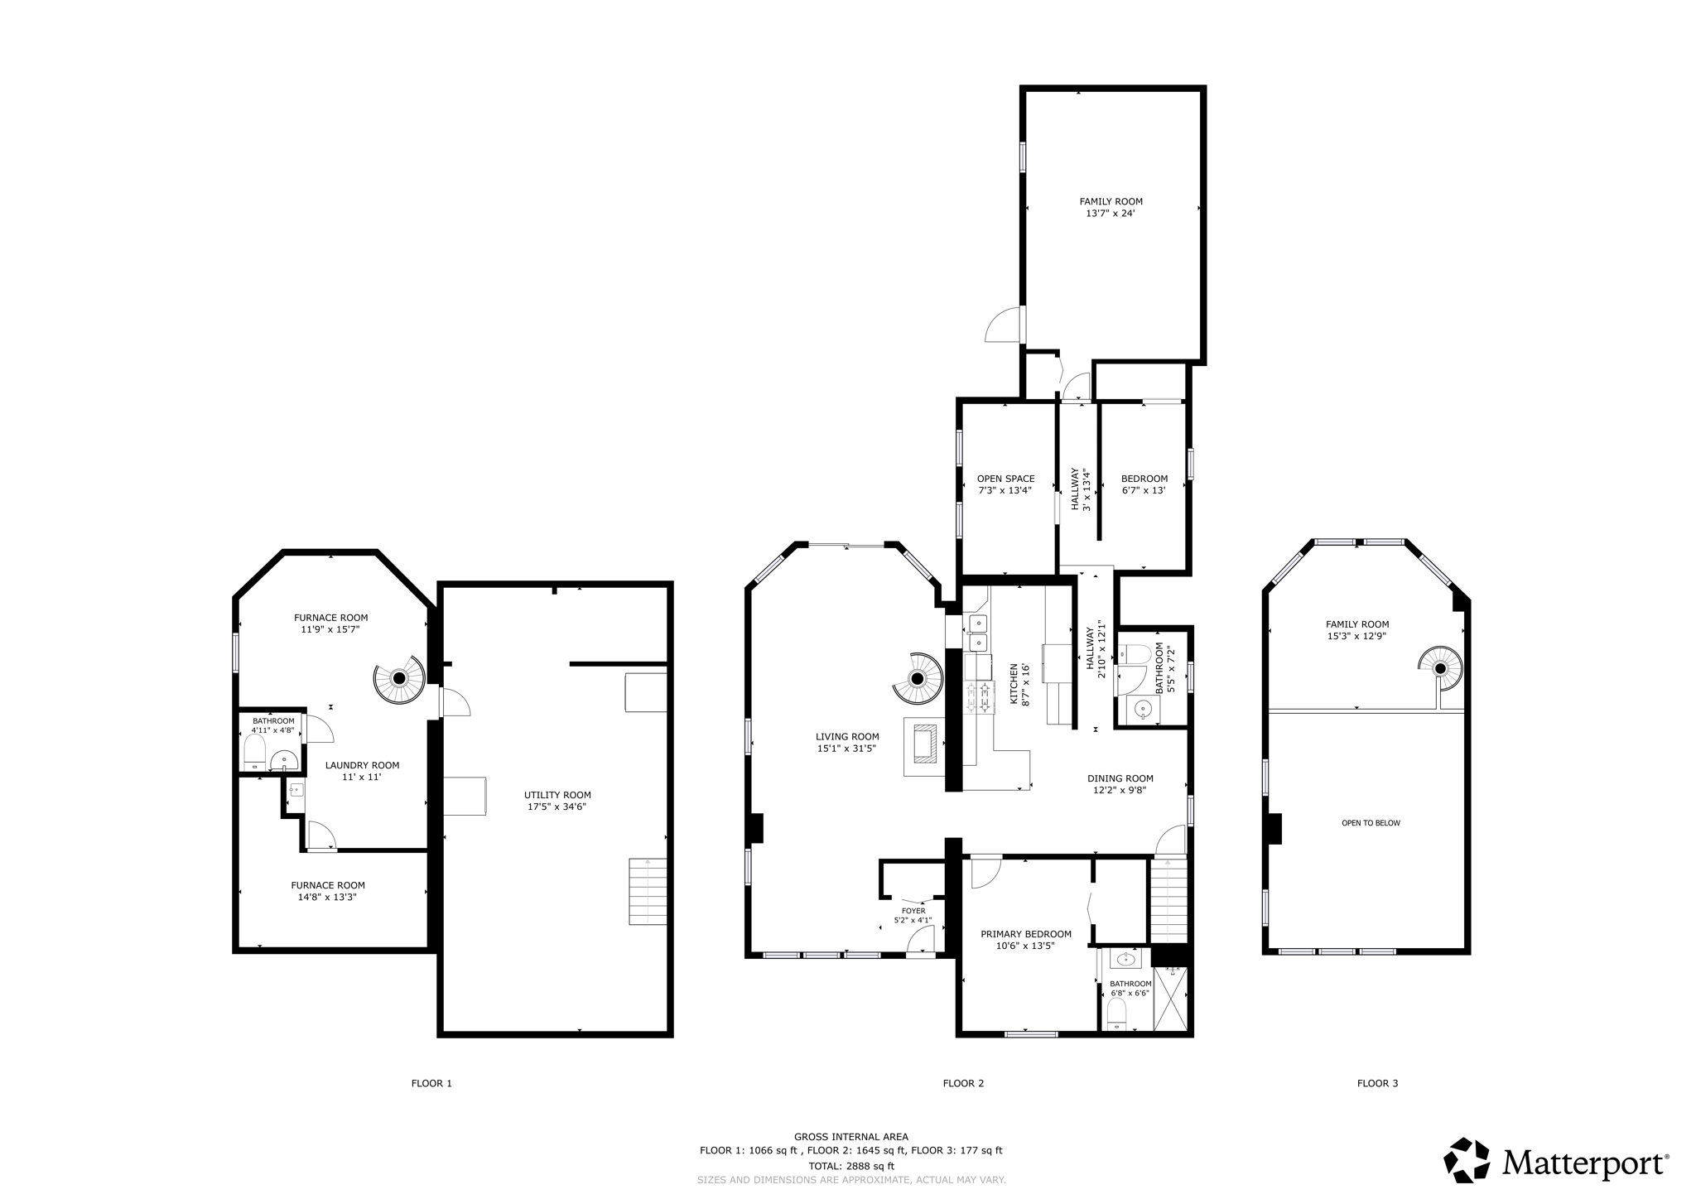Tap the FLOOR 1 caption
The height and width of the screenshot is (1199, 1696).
point(431,1083)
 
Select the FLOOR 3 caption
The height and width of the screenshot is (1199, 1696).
point(1377,1083)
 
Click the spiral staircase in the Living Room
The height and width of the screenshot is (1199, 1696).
point(918,679)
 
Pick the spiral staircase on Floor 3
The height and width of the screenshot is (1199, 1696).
point(1441,668)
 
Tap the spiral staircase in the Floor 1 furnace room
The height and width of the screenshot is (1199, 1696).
point(399,677)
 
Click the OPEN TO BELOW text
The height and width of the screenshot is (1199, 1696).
point(1371,823)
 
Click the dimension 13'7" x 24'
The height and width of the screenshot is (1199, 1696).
point(1111,214)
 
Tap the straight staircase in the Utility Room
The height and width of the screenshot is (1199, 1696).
point(648,891)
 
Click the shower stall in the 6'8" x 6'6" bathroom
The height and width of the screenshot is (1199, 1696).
point(1170,999)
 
